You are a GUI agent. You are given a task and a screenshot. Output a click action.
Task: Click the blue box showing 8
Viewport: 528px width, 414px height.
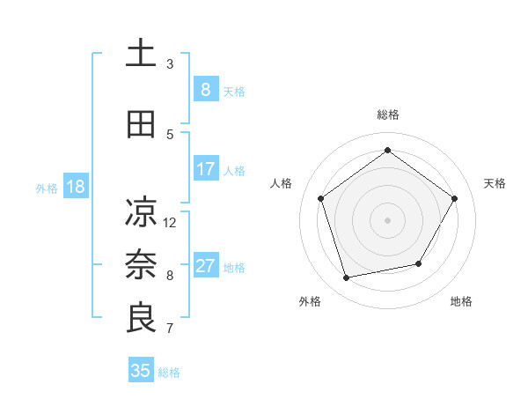point(205,89)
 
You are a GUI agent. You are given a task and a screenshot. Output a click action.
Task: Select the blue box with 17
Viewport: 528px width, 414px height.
point(205,168)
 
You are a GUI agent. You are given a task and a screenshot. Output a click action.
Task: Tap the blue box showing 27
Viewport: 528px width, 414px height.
point(205,266)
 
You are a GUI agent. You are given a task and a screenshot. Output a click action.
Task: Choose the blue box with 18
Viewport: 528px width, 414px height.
point(74,187)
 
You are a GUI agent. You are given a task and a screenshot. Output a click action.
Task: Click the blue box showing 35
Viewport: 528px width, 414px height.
point(141,371)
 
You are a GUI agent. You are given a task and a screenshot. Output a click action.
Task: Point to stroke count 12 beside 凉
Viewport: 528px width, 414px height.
point(170,222)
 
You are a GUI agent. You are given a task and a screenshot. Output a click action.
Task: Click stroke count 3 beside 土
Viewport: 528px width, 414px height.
point(170,64)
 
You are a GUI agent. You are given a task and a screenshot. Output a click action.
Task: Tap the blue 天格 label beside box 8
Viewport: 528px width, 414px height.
point(234,91)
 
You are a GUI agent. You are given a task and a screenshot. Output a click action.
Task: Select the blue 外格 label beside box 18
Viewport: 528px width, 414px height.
point(47,188)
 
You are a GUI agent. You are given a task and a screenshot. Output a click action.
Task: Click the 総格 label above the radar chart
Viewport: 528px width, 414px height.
point(387,115)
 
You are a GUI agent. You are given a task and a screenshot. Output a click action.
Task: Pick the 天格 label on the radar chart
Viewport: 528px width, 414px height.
point(495,183)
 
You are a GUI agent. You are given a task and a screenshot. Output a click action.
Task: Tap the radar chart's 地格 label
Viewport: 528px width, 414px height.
point(461,301)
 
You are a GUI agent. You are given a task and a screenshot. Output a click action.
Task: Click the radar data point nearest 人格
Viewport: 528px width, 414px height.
point(321,198)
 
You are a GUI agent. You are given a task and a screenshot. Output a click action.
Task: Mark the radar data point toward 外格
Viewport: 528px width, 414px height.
point(347,278)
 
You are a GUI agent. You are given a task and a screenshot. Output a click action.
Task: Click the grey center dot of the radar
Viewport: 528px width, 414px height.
point(387,219)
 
